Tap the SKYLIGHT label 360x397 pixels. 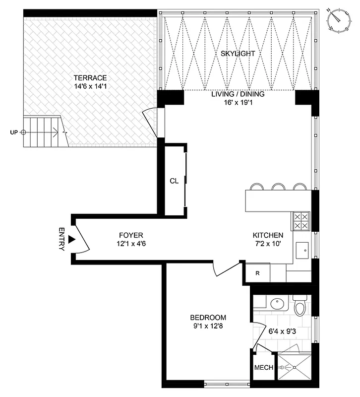[238, 53]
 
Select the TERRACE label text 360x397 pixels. [90, 77]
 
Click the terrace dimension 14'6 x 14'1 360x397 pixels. [90, 86]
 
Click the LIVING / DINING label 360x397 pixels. [238, 94]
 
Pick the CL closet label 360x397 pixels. [174, 181]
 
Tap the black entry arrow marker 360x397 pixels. [71, 240]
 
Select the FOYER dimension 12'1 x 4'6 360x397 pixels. [131, 244]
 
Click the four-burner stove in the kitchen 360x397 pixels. [300, 221]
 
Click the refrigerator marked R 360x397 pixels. [258, 272]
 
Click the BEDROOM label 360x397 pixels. [208, 318]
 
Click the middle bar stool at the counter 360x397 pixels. [278, 187]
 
